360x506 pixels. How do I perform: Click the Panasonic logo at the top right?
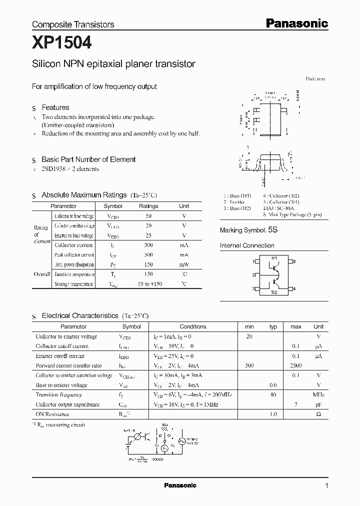pos(296,23)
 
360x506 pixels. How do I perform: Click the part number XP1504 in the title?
pos(61,43)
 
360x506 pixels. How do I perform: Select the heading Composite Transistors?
pos(73,24)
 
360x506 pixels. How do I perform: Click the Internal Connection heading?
pos(247,245)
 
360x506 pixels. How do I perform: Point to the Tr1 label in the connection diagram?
pos(274,257)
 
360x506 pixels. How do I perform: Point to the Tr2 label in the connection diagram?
pos(273,292)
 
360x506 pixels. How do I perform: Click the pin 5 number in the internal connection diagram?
pos(294,261)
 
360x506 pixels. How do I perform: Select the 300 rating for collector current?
pos(148,245)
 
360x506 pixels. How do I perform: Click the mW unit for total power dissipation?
pos(184,264)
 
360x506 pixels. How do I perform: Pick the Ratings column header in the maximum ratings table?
pos(148,206)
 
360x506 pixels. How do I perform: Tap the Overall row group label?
pos(42,274)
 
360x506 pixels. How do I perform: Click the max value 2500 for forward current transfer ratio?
pos(295,365)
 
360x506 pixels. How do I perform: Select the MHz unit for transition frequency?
pos(318,394)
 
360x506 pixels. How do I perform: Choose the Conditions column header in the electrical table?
pos(192,326)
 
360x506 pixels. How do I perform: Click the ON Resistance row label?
pos(52,414)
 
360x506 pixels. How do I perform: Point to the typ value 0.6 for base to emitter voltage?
pos(273,385)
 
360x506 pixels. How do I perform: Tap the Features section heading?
pos(55,107)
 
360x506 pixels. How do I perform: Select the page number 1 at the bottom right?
pos(326,485)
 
